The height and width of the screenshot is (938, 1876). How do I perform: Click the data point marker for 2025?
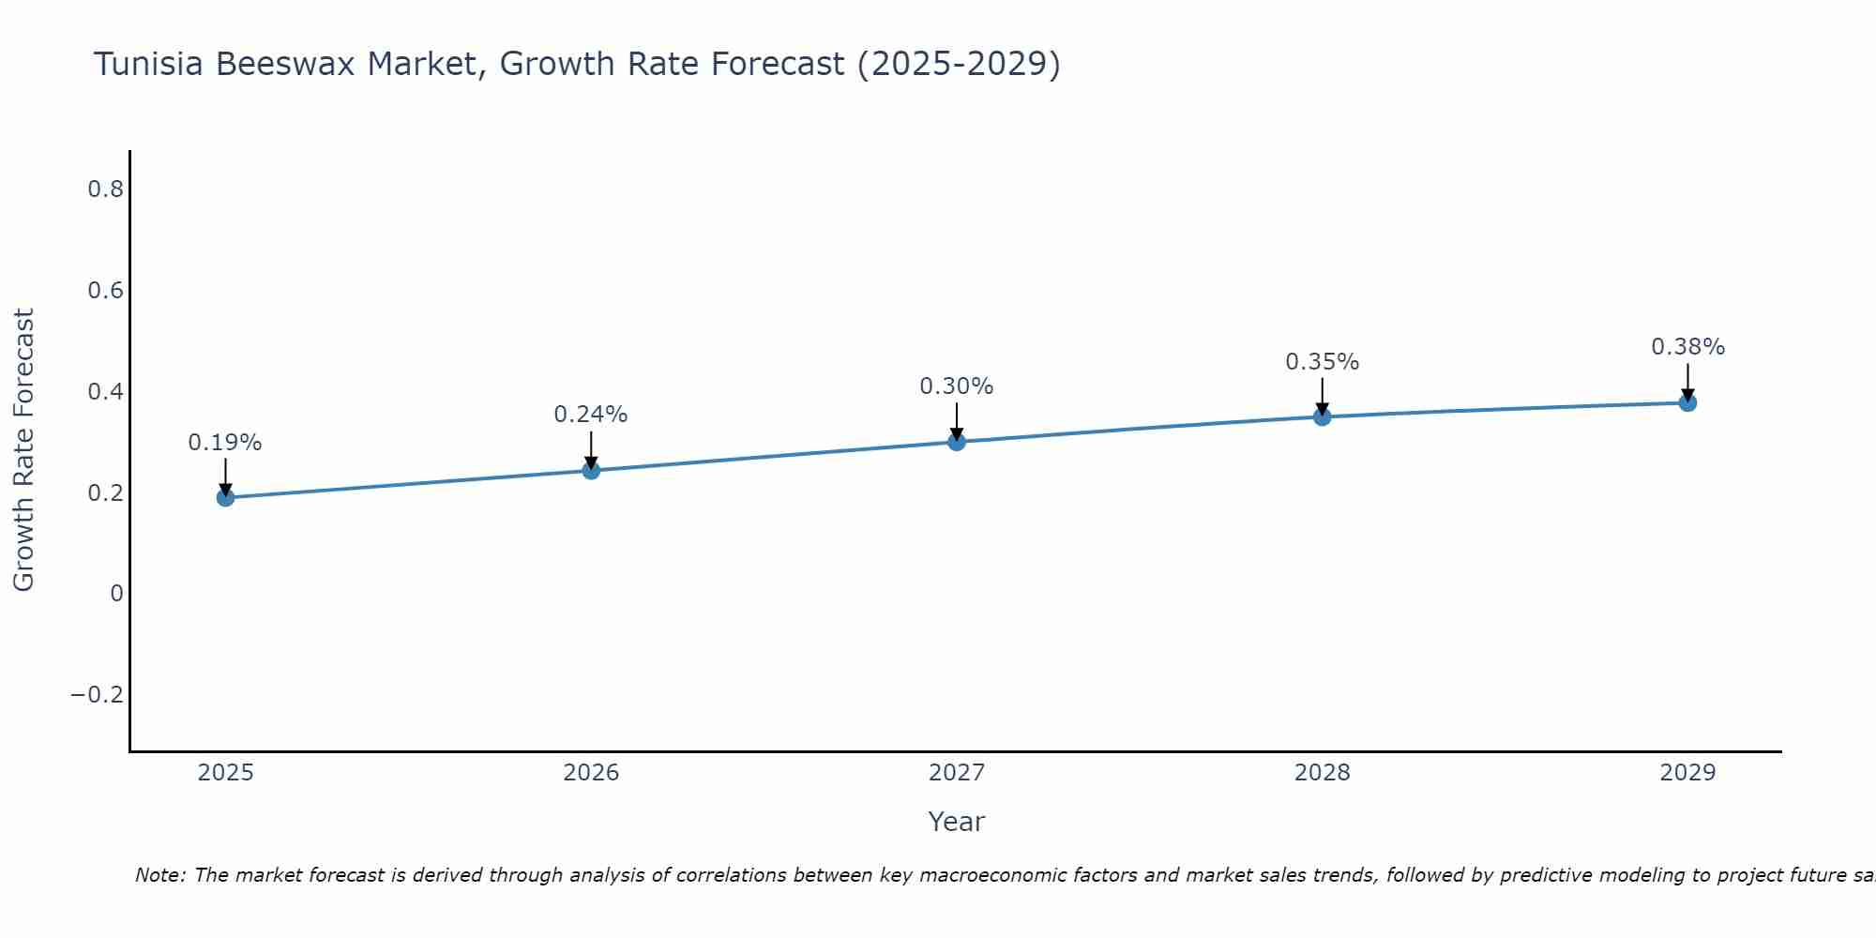pyautogui.click(x=225, y=497)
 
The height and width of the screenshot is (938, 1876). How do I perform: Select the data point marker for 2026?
pyautogui.click(x=591, y=470)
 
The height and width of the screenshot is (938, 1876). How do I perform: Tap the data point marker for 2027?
pyautogui.click(x=957, y=441)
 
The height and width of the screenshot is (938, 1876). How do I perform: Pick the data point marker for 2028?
pyautogui.click(x=1322, y=416)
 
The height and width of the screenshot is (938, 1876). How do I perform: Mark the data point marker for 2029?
pyautogui.click(x=1687, y=402)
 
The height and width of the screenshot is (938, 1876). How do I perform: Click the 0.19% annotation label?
pyautogui.click(x=225, y=443)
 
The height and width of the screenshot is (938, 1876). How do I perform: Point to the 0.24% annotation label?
pyautogui.click(x=591, y=415)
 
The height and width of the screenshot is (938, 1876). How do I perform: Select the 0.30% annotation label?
pyautogui.click(x=957, y=386)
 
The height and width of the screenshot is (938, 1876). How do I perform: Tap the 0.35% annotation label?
pyautogui.click(x=1322, y=362)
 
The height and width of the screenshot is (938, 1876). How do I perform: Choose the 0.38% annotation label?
pyautogui.click(x=1687, y=347)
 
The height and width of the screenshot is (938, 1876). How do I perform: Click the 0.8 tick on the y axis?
pyautogui.click(x=106, y=189)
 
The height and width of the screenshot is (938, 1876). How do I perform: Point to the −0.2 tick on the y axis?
pyautogui.click(x=98, y=695)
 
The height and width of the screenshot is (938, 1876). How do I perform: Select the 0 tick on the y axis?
pyautogui.click(x=116, y=594)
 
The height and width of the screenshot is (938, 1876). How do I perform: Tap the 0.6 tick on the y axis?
pyautogui.click(x=106, y=291)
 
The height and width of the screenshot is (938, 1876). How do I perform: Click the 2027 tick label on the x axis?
pyautogui.click(x=957, y=773)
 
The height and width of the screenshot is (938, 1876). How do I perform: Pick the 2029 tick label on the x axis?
pyautogui.click(x=1687, y=773)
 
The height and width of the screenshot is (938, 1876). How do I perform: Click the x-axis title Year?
pyautogui.click(x=957, y=823)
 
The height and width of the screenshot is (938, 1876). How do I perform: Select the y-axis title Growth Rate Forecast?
pyautogui.click(x=23, y=450)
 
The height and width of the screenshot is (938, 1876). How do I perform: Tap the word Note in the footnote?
pyautogui.click(x=159, y=876)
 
